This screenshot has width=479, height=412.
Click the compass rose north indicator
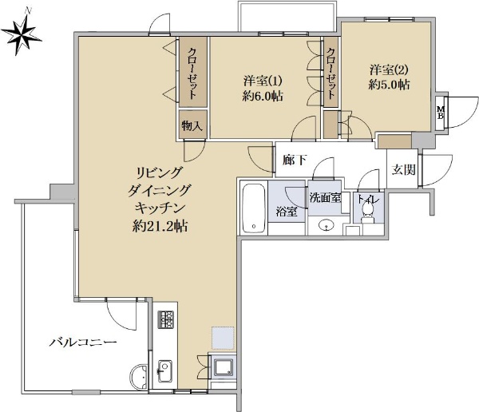21,34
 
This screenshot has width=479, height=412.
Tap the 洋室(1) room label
263,81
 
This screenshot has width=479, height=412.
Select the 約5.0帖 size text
389,85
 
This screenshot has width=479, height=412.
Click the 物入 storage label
192,125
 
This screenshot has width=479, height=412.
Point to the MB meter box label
441,113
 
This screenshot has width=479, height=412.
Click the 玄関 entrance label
403,169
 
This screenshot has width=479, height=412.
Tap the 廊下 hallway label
294,160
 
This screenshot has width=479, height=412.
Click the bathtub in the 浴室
254,208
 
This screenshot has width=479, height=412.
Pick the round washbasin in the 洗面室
327,225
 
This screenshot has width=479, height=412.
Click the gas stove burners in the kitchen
165,319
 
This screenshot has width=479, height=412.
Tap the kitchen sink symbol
164,371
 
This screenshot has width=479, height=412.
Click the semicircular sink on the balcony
139,376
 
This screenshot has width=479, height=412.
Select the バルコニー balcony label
83,342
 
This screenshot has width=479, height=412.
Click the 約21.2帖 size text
160,227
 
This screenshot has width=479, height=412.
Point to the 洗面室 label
325,197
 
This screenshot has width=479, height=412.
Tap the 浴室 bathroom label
287,212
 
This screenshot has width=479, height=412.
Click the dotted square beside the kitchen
223,338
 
